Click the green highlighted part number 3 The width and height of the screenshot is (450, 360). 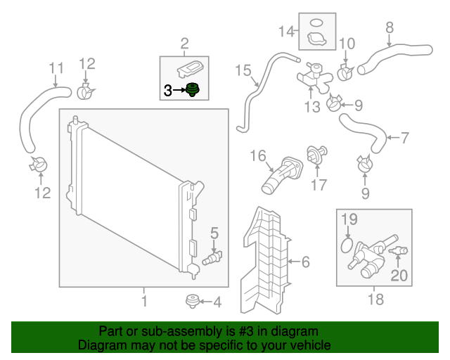(x=193, y=91)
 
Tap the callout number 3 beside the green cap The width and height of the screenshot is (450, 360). (x=167, y=90)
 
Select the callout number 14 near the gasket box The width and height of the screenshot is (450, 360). (x=285, y=31)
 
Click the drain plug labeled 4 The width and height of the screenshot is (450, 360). (x=190, y=302)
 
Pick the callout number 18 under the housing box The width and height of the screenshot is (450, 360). (x=375, y=300)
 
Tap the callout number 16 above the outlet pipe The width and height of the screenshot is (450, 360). (x=257, y=155)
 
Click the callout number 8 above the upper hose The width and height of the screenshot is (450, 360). (x=389, y=28)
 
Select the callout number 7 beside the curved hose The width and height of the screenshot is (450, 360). (x=404, y=138)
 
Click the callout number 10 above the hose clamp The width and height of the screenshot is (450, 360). (x=347, y=44)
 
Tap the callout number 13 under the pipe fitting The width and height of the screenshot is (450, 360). (x=311, y=106)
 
